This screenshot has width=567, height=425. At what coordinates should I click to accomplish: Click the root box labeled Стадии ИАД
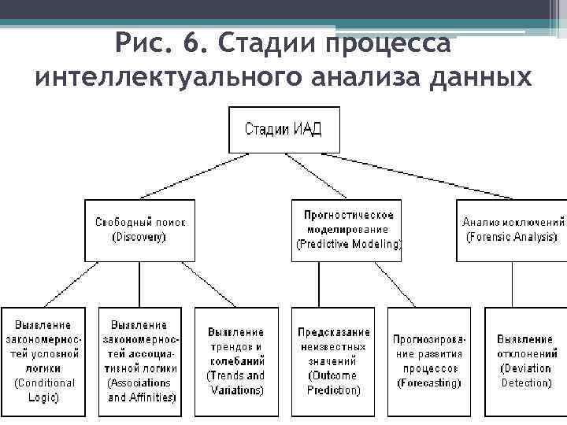click(284, 130)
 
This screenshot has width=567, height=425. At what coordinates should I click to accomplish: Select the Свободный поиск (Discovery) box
click(140, 231)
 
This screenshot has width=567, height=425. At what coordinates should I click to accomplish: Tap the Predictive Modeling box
click(347, 231)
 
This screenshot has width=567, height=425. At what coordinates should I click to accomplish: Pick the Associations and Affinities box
click(139, 361)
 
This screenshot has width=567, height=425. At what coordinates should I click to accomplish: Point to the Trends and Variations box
click(235, 361)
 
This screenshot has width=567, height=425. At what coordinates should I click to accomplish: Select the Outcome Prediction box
click(333, 361)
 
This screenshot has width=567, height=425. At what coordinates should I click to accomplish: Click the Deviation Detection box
click(525, 361)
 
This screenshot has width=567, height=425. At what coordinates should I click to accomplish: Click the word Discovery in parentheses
click(139, 237)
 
